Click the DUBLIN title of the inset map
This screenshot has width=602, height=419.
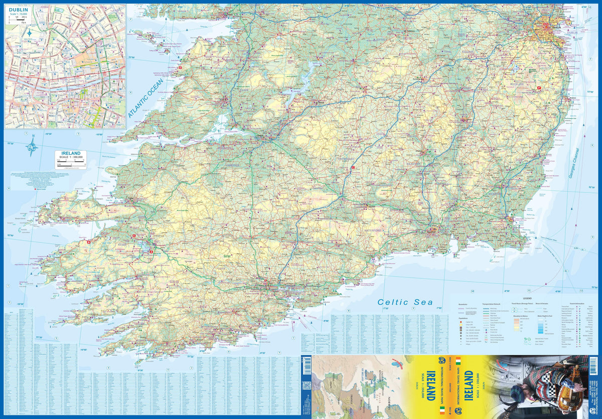(x=19, y=9)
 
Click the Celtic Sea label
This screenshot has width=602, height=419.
(x=398, y=302)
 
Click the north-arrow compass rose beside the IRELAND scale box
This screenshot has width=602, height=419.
(x=33, y=146)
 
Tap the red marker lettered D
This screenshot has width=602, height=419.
(x=180, y=68)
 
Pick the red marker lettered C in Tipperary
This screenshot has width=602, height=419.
(x=353, y=168)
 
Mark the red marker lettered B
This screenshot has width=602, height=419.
(x=89, y=242)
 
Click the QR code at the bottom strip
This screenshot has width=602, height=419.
(x=306, y=386)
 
